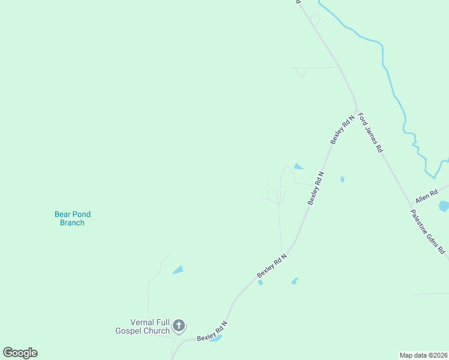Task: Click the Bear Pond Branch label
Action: (x=73, y=218)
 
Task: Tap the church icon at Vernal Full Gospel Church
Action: (x=178, y=326)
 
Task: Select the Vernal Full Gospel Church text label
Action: (x=142, y=326)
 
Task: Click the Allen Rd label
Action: (x=427, y=196)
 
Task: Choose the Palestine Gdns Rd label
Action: (x=428, y=231)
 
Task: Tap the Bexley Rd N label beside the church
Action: (x=212, y=332)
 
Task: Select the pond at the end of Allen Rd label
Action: (x=444, y=206)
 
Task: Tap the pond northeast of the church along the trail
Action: (x=178, y=270)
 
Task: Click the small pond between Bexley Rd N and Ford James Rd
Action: (x=342, y=179)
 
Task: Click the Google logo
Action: (x=20, y=353)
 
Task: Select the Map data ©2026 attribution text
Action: (x=424, y=355)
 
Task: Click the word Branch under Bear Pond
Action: (x=73, y=223)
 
